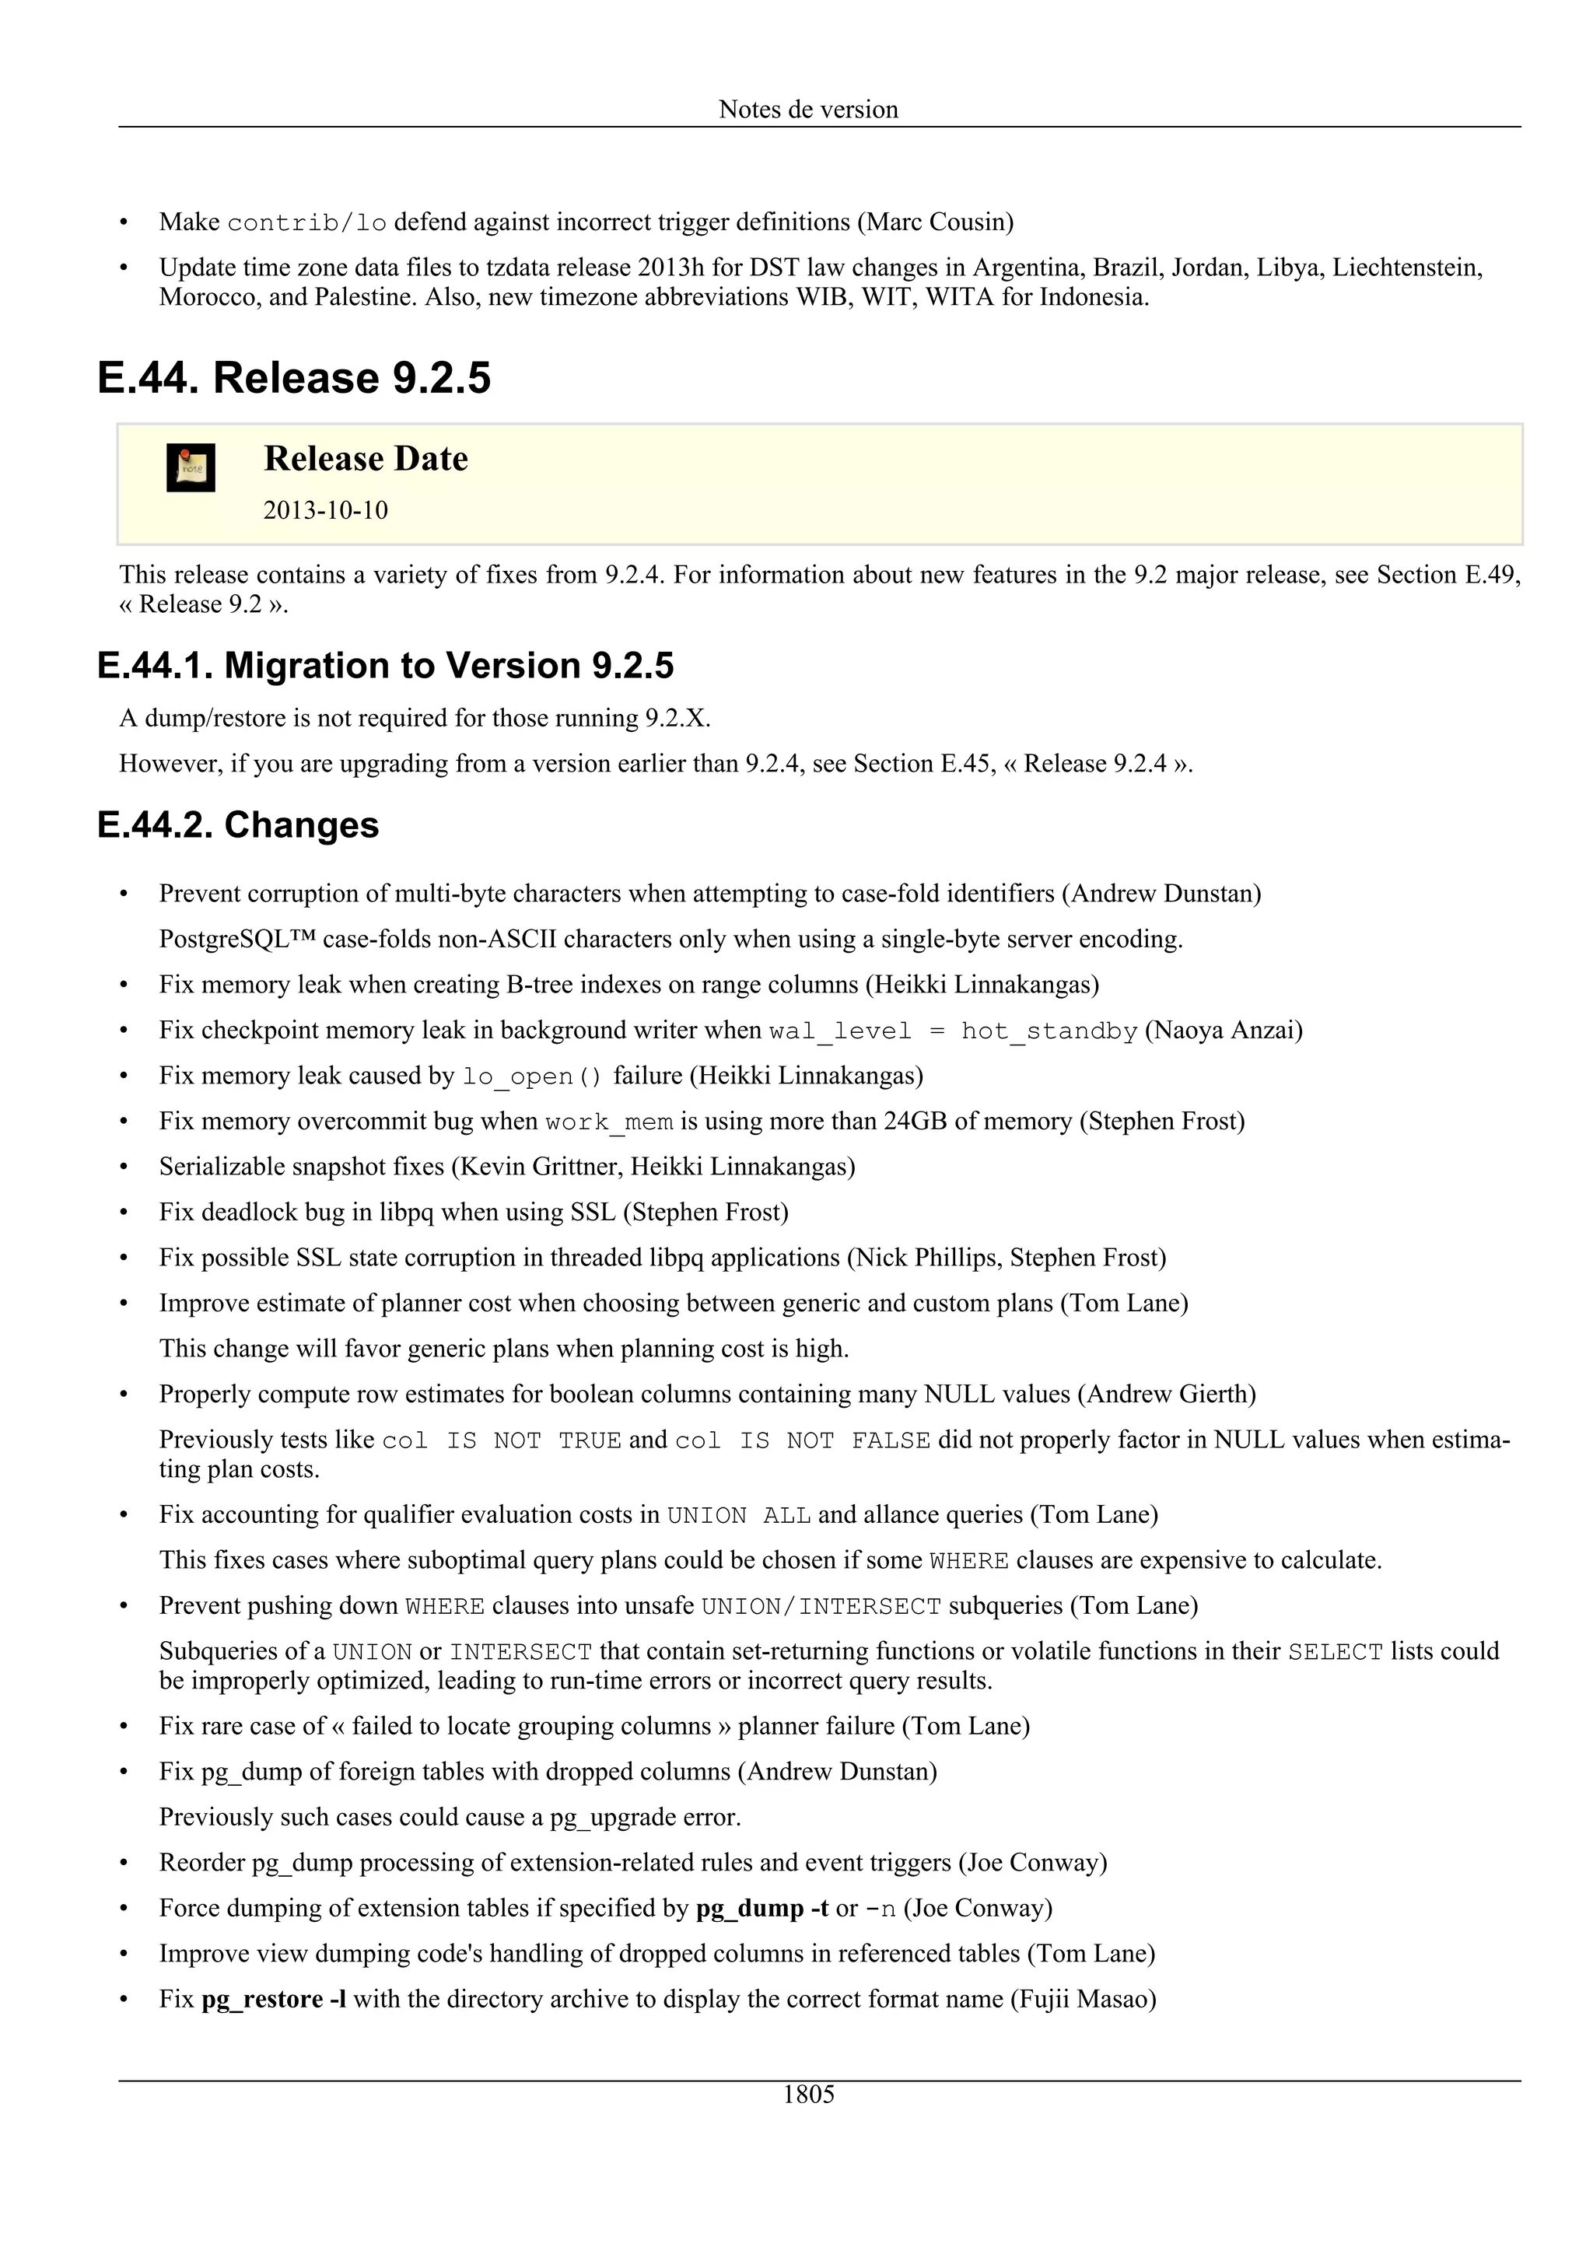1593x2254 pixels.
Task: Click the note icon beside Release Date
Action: click(191, 467)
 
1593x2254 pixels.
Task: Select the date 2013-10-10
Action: click(325, 510)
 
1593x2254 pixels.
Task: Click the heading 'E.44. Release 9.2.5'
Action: click(293, 378)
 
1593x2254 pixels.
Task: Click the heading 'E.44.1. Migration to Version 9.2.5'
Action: click(385, 666)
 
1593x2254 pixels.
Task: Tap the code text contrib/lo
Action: click(306, 223)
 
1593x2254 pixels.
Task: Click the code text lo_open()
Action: click(532, 1077)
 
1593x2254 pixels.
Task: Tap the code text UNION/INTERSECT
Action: click(821, 1607)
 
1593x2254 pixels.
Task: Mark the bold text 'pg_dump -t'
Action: click(761, 1909)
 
